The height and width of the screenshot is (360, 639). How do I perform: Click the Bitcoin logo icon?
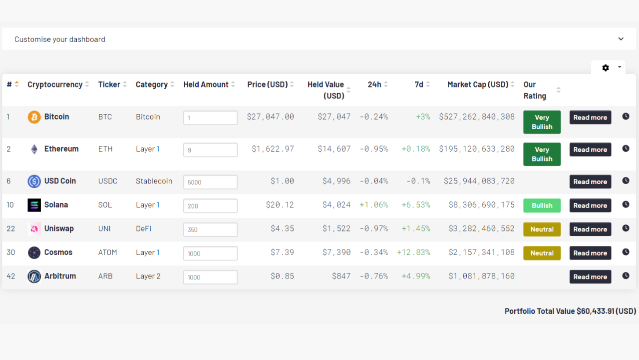tap(34, 117)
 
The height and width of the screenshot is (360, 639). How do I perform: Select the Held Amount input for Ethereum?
tap(210, 150)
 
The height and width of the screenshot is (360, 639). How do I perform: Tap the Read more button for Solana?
tap(590, 205)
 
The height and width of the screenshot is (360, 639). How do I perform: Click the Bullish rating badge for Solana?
tap(542, 205)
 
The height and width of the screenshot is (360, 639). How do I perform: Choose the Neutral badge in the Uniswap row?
tap(542, 229)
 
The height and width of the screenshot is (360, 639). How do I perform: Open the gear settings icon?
tap(606, 67)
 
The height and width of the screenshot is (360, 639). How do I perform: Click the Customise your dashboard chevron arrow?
tap(621, 39)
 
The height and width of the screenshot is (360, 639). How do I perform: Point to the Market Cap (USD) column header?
tap(477, 84)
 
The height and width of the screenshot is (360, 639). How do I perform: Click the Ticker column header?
tap(109, 84)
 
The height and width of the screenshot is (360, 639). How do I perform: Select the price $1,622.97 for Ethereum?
tap(273, 149)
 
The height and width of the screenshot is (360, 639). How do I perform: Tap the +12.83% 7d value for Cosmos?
tap(413, 252)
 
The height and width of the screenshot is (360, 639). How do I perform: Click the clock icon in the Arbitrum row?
tap(626, 275)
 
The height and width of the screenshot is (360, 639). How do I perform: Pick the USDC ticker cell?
tap(108, 181)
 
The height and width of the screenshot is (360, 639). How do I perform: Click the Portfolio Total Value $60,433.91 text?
tap(570, 311)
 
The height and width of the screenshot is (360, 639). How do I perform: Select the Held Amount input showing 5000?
tap(210, 182)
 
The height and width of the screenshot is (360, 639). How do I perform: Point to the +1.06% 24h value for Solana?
tap(373, 205)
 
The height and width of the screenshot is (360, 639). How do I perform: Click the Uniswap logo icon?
tap(34, 229)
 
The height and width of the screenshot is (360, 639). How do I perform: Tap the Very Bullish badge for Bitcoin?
tap(542, 122)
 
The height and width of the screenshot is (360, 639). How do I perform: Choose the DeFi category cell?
tap(143, 228)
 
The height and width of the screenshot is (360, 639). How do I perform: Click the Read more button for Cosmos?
tap(590, 253)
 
